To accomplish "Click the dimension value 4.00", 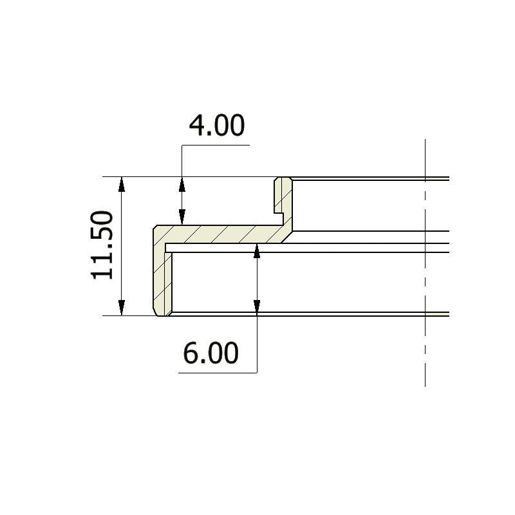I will [216, 126].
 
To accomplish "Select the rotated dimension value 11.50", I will [103, 246].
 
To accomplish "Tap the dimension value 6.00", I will [211, 353].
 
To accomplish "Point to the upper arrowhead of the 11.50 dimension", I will [122, 185].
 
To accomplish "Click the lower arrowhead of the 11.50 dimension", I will [122, 308].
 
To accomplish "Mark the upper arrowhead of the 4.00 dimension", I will [182, 185].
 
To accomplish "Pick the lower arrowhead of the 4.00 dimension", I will [182, 217].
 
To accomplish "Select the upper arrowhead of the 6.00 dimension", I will [257, 252].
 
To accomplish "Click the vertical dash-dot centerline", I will [426, 270].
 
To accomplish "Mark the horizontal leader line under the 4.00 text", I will [216, 145].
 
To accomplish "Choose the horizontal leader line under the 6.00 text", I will [216, 373].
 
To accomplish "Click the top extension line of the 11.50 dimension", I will [193, 176].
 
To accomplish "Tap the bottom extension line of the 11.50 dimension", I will [129, 315].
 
